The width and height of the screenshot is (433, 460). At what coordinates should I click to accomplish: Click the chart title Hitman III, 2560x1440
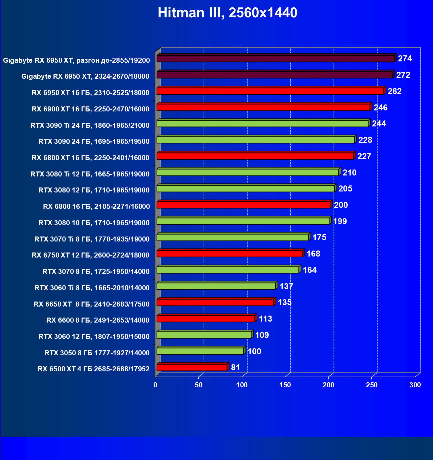227,13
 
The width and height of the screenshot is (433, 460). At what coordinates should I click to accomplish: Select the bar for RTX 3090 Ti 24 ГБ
262,123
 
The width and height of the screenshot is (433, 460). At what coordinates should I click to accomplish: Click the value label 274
405,59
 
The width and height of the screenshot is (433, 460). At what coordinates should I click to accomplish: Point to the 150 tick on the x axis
285,385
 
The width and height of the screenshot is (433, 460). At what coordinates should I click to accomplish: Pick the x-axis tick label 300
415,385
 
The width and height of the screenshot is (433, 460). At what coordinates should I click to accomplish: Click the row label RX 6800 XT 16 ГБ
90,158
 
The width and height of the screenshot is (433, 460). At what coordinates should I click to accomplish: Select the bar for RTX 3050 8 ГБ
200,351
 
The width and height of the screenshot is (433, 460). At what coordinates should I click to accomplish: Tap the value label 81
235,368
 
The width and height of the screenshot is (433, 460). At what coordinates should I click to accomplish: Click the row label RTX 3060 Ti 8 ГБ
92,288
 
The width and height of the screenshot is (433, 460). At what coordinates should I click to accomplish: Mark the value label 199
340,221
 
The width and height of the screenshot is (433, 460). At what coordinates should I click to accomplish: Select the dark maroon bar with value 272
274,75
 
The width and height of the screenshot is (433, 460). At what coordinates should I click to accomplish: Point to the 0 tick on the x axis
155,385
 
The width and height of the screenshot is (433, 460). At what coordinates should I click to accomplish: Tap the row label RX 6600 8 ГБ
98,320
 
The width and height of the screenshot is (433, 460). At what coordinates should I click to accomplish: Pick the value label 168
313,254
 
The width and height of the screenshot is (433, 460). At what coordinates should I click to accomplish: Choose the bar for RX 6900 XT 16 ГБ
263,107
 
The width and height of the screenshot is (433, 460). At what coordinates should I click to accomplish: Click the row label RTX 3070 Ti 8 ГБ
92,239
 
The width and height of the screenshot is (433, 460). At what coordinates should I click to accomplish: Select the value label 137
286,287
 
